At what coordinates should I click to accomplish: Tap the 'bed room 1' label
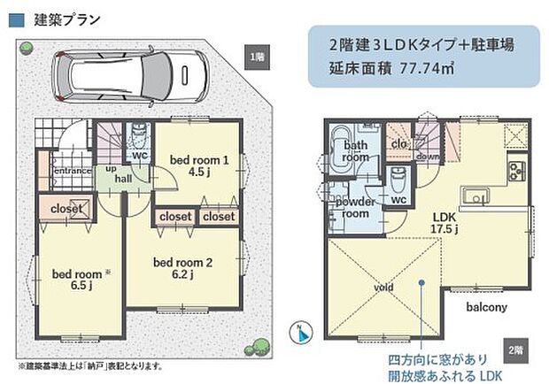point(200,159)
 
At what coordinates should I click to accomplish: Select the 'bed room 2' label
point(183,262)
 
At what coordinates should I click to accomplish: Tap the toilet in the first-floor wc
point(139,136)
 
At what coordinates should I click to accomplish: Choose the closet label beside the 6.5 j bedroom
point(67,209)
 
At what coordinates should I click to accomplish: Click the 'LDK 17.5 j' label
point(444,221)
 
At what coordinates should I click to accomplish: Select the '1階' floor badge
point(255,57)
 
